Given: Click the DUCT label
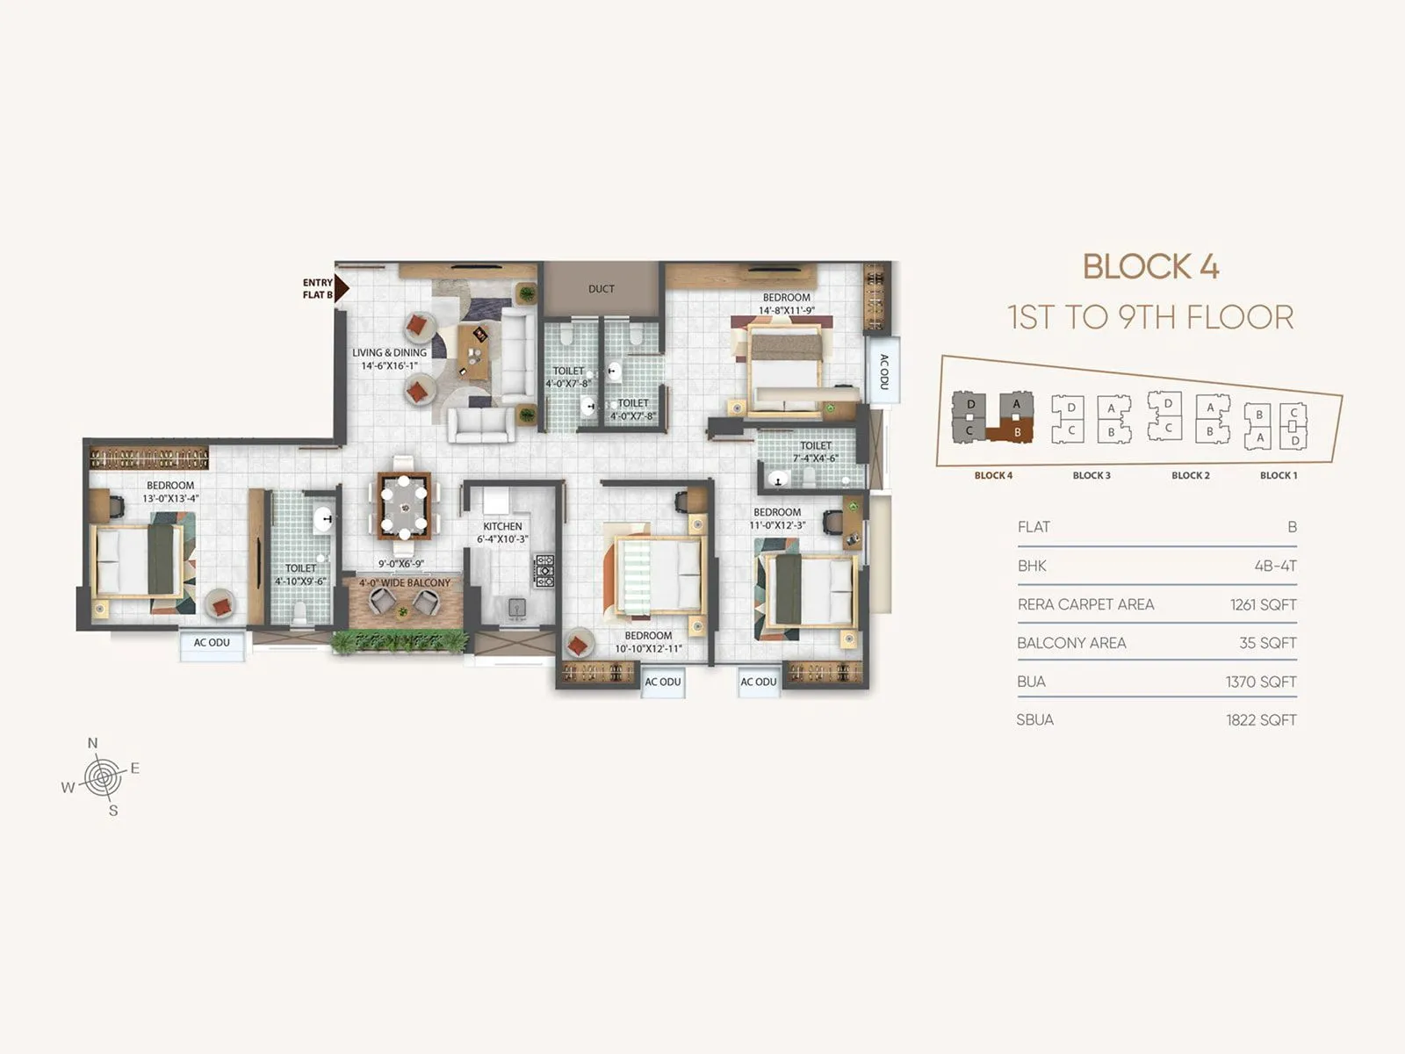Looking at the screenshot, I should click(601, 289).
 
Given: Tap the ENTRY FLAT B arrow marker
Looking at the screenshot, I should click(341, 288).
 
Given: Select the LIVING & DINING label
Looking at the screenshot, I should click(389, 353).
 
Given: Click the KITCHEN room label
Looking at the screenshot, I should click(502, 527).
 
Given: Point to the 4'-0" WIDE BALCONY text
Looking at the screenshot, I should click(404, 582).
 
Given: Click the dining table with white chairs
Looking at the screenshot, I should click(404, 507).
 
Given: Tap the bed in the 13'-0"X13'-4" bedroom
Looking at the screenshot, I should click(139, 560).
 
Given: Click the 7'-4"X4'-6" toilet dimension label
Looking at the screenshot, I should click(815, 458).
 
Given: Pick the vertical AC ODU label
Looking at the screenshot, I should click(883, 372).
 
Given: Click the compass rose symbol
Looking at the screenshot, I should click(103, 777).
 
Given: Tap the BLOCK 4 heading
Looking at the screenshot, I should click(1150, 267).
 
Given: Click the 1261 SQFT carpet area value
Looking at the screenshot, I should click(1263, 604).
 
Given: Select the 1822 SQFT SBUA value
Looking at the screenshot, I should click(1261, 720).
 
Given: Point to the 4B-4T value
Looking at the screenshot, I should click(1275, 566).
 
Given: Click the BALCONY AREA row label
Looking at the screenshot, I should click(1071, 643).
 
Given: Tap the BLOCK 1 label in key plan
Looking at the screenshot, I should click(1278, 475).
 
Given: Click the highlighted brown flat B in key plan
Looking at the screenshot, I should click(1015, 432).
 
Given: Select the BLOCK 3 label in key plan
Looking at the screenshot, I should click(1092, 475).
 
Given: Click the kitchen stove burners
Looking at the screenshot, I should click(544, 571).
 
